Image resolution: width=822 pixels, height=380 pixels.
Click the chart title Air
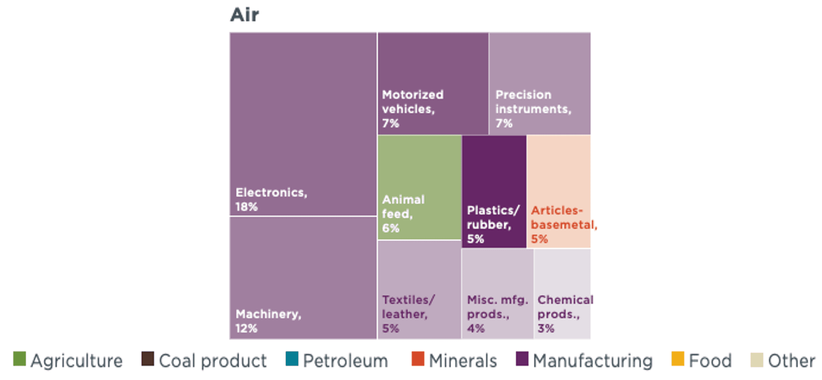(244, 15)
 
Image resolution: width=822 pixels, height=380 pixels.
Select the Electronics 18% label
(271, 199)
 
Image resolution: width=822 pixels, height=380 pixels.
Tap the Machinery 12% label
(268, 321)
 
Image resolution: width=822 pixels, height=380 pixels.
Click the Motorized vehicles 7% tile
(433, 84)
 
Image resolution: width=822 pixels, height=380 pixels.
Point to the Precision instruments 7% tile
(540, 84)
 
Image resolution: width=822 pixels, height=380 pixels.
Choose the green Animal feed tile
(419, 187)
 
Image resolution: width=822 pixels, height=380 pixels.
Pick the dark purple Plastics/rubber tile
(494, 191)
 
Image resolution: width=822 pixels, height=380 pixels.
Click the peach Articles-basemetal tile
(559, 191)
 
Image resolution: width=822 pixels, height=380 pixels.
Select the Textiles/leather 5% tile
(419, 290)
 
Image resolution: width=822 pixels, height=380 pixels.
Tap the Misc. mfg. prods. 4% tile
(497, 294)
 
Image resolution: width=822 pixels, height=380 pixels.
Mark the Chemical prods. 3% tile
(562, 294)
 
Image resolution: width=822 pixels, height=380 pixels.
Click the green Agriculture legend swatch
(20, 359)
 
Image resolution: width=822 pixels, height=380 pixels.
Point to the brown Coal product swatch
(148, 359)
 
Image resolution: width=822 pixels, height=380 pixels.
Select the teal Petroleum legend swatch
(292, 359)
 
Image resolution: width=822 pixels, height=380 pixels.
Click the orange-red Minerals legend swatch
(418, 359)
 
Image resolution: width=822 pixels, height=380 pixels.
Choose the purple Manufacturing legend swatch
(522, 359)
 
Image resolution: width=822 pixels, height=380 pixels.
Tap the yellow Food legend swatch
(678, 359)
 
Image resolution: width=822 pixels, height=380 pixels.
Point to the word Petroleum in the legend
(345, 361)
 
